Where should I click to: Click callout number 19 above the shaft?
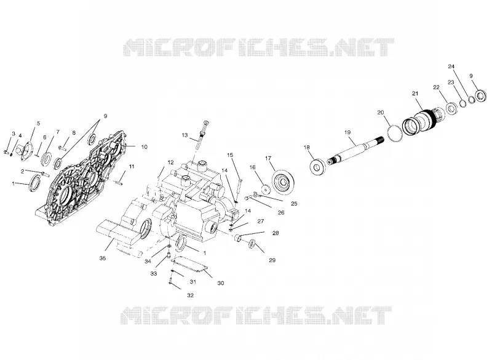point(347,132)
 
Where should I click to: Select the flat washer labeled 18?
point(317,166)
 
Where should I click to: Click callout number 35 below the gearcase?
point(103,258)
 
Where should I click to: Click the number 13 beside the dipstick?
point(184,135)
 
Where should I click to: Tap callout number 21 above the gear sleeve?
point(415,94)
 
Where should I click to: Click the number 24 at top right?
point(451,66)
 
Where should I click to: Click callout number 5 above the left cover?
point(39,123)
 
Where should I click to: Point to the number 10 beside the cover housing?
point(144,147)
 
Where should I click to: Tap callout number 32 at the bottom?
point(190,295)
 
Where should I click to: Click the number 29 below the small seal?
point(272,260)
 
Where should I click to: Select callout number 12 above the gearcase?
point(170,162)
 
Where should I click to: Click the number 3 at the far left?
point(14,134)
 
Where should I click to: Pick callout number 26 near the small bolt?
point(281,213)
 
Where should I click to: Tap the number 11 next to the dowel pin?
point(132,166)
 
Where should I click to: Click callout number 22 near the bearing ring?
point(436,87)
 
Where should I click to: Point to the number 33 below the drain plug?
point(153,274)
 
